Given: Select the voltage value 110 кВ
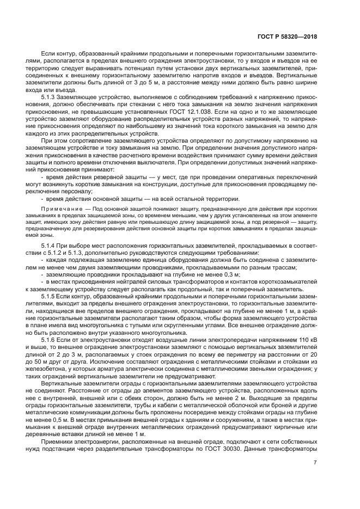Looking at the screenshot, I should click(x=307, y=339).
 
